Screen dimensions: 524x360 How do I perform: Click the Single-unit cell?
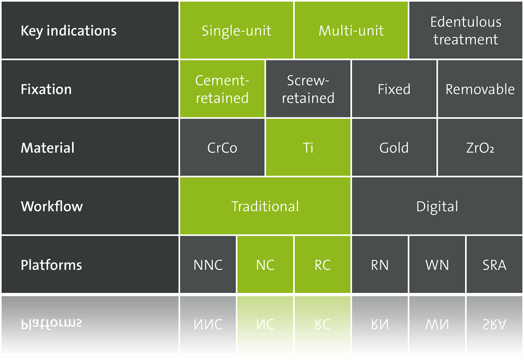(x=236, y=31)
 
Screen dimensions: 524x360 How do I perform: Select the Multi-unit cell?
(x=351, y=31)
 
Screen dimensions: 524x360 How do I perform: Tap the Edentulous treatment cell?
(x=466, y=31)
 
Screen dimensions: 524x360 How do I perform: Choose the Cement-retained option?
(x=222, y=89)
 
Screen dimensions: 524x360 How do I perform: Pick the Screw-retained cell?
(x=308, y=89)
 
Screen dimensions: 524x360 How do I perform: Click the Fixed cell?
(x=394, y=89)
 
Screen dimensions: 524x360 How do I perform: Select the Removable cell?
(x=480, y=89)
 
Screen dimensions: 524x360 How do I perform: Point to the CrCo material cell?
(x=222, y=147)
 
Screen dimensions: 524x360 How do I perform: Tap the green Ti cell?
(x=308, y=147)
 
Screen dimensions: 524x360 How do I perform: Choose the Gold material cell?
(x=394, y=147)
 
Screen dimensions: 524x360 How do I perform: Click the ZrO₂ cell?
(x=480, y=147)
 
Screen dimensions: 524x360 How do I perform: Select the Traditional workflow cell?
(x=265, y=206)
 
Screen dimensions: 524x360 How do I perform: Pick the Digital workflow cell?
(x=437, y=206)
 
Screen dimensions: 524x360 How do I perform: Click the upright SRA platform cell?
(x=495, y=265)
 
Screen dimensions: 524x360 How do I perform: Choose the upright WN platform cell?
(x=437, y=265)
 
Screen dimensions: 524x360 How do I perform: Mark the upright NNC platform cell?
(x=208, y=265)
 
